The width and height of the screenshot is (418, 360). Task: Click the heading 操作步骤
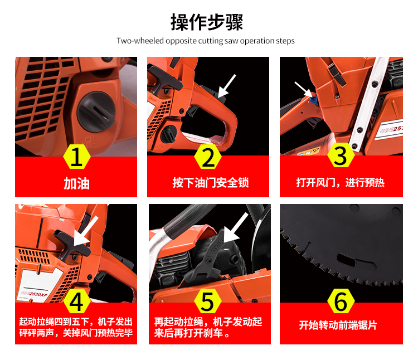(207, 22)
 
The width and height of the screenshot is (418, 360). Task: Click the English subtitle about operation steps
(206, 41)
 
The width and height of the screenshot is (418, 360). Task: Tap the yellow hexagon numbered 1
(77, 157)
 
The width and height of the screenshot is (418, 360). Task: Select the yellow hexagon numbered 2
(208, 157)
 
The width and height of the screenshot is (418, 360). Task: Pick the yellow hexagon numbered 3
(341, 155)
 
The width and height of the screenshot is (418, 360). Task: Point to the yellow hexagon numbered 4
(77, 301)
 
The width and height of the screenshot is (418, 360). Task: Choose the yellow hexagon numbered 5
(208, 301)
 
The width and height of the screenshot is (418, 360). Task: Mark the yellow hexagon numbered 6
(341, 301)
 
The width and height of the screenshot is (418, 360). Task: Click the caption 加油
(76, 183)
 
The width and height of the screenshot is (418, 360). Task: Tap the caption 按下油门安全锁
(211, 183)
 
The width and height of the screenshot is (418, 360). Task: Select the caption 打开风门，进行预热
(341, 183)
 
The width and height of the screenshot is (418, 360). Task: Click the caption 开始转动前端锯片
(338, 325)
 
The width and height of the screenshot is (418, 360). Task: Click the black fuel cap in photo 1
(96, 112)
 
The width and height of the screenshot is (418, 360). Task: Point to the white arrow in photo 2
(227, 86)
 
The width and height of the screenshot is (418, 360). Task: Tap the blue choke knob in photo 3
(313, 100)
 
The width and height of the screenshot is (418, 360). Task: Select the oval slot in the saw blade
(346, 260)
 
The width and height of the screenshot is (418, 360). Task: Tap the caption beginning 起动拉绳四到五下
(76, 327)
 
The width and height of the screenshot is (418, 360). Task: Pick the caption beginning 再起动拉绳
(208, 328)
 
